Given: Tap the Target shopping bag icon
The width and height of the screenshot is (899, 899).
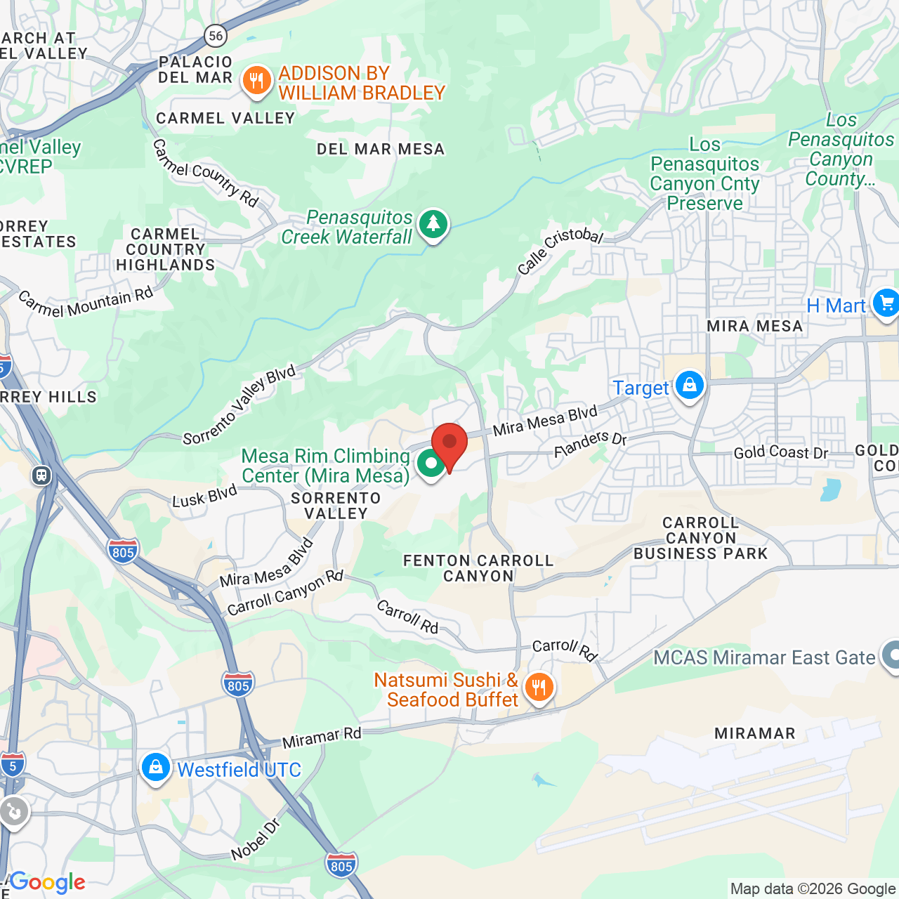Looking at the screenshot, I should point(690,386).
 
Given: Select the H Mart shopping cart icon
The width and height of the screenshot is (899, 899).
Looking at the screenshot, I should point(886,303).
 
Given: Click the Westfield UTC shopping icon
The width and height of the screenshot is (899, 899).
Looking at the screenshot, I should point(155,768).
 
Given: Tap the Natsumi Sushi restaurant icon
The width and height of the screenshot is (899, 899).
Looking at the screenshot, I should point(539,687).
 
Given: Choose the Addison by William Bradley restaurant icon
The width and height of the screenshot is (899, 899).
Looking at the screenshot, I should point(257,81).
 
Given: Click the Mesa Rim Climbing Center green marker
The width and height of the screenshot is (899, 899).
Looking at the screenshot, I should point(431,464).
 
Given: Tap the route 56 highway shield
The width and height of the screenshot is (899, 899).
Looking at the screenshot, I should point(216,35).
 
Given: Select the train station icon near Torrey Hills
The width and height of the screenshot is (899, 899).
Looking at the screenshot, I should point(41,475).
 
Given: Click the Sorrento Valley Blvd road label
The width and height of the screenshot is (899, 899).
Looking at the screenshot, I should point(239,406).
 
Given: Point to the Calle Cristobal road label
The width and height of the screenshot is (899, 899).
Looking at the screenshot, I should point(560,251).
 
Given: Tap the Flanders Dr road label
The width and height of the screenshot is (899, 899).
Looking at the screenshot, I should point(590,444).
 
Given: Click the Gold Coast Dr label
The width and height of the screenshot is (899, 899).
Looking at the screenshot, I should point(781,453).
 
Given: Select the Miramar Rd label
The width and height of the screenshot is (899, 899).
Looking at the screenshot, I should point(322,737).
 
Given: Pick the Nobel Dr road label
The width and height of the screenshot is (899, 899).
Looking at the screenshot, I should point(256,839).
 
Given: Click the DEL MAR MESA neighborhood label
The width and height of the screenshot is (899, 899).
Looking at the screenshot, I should point(381,149).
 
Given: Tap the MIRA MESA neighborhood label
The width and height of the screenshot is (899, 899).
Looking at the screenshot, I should point(755,326).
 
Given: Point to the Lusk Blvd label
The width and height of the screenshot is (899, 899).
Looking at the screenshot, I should point(205,497).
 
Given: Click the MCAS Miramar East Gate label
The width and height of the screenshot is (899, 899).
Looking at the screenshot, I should point(764,657).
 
